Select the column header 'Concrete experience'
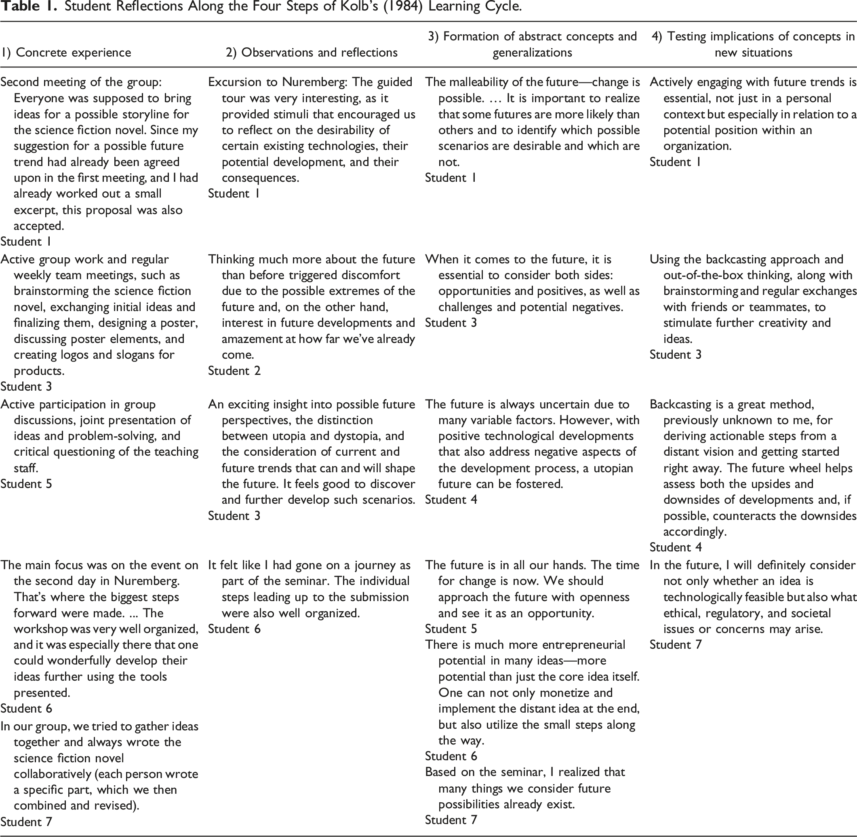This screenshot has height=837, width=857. (x=74, y=53)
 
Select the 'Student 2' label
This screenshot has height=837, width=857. (x=234, y=370)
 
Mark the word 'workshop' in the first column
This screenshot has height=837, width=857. (x=40, y=629)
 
